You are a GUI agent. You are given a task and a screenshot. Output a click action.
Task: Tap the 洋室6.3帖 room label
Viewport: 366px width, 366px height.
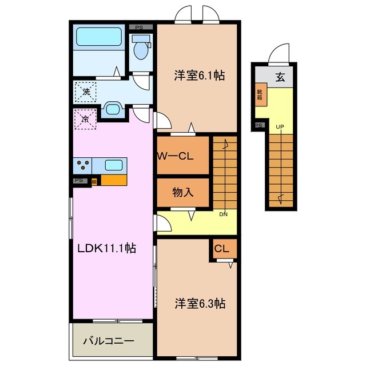[x=200, y=303]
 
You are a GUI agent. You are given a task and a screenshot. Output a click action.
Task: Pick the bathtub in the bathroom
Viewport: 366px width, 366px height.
[x=100, y=38]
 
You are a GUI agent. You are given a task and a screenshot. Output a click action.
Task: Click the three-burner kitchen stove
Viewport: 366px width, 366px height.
[x=82, y=165]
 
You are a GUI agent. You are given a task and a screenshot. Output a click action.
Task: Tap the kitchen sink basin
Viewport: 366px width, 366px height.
[x=113, y=165]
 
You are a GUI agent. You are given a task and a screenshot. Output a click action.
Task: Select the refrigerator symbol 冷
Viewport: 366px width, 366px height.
[x=85, y=120]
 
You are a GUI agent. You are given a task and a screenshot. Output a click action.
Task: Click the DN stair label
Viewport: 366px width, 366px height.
[x=225, y=214]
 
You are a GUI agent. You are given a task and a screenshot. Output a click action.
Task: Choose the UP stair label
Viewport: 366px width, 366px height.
[x=280, y=126]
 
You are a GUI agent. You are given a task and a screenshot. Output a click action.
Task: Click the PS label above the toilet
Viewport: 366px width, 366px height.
[x=140, y=26]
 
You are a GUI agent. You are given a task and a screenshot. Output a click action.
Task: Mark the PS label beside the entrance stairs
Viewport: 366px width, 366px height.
[x=258, y=125]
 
